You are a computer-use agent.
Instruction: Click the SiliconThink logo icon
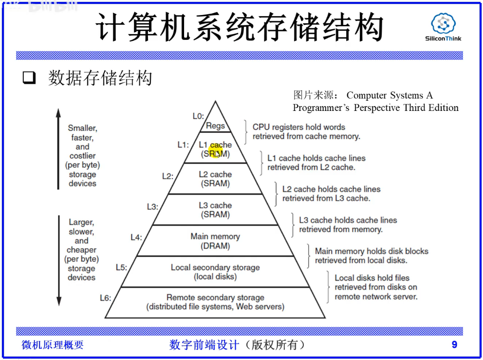(443, 24)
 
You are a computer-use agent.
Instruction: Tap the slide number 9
(454, 345)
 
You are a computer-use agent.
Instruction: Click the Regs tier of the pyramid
(215, 126)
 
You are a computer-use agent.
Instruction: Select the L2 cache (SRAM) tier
(215, 179)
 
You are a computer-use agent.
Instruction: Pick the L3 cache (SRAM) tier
(215, 210)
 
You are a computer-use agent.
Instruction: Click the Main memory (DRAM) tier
(215, 241)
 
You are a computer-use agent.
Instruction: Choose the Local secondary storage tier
(215, 272)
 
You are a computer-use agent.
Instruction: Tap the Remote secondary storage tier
(215, 302)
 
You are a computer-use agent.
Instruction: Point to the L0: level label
(198, 116)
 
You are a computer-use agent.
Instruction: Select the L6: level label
(105, 298)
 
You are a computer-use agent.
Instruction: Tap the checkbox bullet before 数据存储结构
(30, 78)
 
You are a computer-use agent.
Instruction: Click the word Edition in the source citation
(443, 108)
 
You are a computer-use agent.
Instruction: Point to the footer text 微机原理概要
(53, 345)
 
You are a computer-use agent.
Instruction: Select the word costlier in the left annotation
(82, 156)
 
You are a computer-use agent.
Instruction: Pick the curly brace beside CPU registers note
(246, 131)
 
